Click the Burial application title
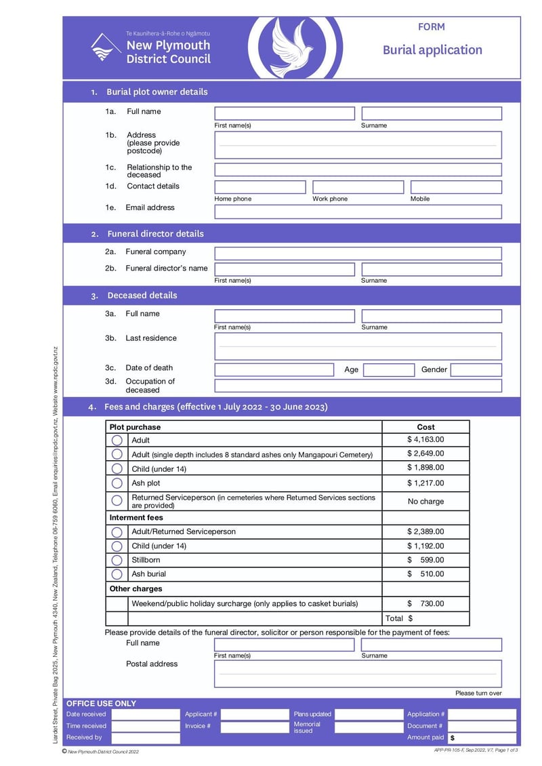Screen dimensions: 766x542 432,49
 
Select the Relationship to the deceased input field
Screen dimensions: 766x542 358,169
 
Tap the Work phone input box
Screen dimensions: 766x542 358,187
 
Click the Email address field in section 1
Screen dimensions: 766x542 358,211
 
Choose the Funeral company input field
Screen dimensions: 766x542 358,254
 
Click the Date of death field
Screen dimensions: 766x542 274,369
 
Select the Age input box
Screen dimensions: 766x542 388,370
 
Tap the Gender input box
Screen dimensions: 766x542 476,370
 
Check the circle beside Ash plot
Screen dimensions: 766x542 117,483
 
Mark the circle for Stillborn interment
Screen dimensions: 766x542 117,560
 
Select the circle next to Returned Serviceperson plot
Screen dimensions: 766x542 117,500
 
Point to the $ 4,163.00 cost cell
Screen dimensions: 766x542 425,439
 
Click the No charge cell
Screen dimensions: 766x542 425,502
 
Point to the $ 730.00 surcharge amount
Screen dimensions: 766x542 425,603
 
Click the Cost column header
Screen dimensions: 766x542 425,427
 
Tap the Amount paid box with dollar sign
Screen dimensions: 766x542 482,738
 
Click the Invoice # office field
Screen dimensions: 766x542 255,726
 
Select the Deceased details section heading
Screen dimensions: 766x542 142,296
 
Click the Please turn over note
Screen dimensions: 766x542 478,693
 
